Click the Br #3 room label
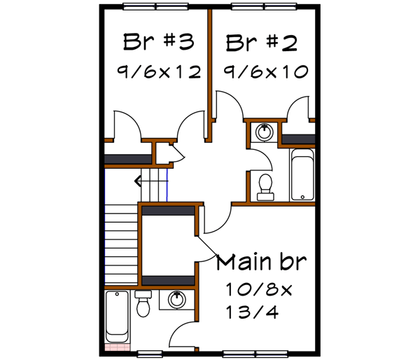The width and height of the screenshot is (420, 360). (x=158, y=41)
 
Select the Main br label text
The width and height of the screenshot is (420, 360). (x=261, y=263)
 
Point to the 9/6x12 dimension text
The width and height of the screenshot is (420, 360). (x=159, y=71)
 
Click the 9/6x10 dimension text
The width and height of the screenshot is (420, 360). (x=265, y=71)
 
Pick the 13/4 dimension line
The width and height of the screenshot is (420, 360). (x=252, y=312)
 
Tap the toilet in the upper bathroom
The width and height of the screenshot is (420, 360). (x=265, y=187)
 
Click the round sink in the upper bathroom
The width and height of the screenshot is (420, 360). (x=265, y=132)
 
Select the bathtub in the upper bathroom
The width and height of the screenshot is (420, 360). (x=302, y=174)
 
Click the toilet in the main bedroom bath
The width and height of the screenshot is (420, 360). (x=143, y=304)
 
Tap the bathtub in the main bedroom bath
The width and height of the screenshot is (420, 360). (x=115, y=316)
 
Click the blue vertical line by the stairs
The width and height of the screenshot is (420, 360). (x=169, y=186)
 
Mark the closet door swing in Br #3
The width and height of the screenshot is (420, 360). (x=126, y=126)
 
